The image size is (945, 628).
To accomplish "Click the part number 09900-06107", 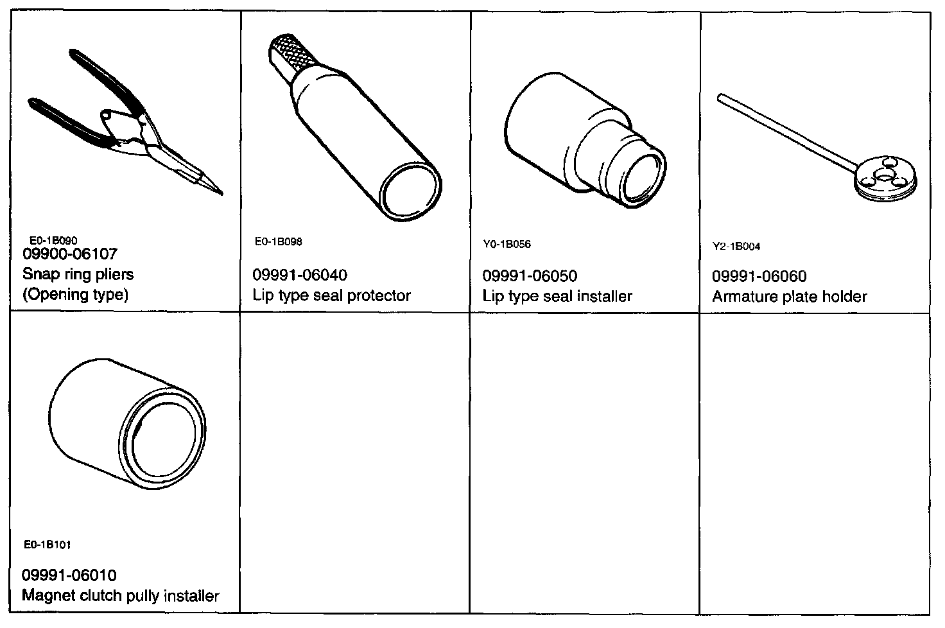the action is click(x=70, y=254).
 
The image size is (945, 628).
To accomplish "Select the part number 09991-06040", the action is click(x=300, y=275).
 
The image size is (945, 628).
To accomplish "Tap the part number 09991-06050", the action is click(x=530, y=276).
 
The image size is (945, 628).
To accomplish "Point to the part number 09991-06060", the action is click(x=759, y=277).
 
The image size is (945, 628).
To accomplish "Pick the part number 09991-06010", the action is click(x=69, y=575).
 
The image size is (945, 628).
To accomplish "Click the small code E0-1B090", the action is click(x=53, y=241).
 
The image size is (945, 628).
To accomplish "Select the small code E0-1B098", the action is click(x=278, y=242).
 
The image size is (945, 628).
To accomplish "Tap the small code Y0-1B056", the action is click(x=507, y=245).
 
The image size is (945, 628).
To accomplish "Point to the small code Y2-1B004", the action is click(x=736, y=247).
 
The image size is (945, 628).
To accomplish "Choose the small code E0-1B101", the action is click(x=47, y=545).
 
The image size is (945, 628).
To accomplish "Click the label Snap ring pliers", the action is click(x=78, y=274).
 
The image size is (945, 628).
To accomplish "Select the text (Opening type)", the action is click(x=76, y=294).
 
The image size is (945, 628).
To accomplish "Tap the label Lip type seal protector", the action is click(x=331, y=295).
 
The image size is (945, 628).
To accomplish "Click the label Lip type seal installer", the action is click(x=557, y=296).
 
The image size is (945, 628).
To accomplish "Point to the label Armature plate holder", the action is click(x=789, y=297).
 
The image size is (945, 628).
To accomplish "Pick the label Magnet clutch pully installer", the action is click(x=121, y=595).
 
